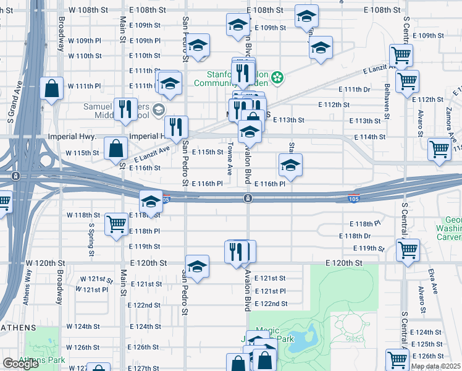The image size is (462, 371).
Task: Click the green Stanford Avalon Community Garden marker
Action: tap(278, 77)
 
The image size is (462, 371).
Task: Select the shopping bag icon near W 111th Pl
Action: tap(52, 88)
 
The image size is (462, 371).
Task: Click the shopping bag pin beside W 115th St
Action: tap(115, 148)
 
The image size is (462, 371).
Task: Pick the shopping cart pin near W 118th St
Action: tap(116, 225)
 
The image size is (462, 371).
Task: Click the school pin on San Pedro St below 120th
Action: tap(197, 267)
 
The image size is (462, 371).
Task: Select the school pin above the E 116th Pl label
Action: tap(290, 165)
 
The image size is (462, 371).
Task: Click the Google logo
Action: tap(20, 364)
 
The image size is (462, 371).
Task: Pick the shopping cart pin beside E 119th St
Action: tap(408, 250)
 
